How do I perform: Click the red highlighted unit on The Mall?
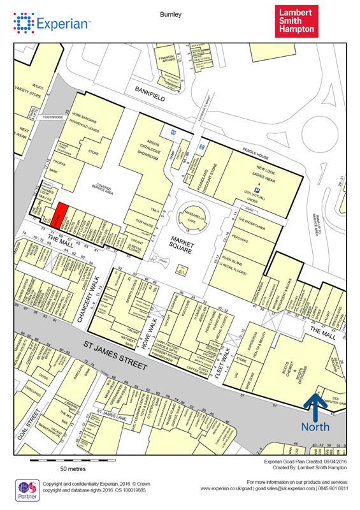pos(60,215)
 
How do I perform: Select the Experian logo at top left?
pos(51,25)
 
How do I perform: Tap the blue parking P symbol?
pos(257,190)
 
